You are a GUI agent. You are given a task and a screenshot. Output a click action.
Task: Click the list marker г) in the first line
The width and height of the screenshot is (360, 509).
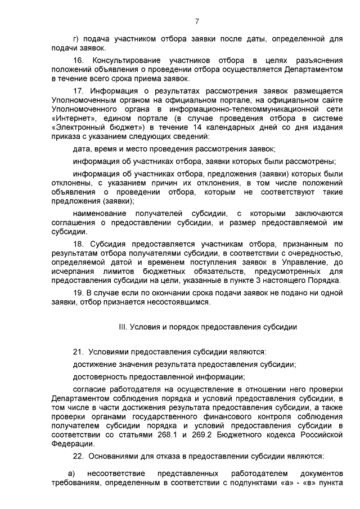[76, 39]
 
